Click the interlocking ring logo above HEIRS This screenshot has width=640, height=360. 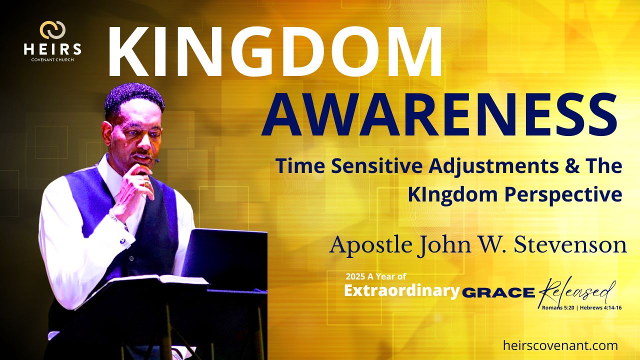[x=52, y=30]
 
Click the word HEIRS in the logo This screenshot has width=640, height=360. [x=52, y=49]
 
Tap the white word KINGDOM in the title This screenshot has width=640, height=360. [x=275, y=51]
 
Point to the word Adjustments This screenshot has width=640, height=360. [x=493, y=167]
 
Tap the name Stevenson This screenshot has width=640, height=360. [x=570, y=245]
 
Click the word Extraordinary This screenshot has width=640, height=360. [x=401, y=291]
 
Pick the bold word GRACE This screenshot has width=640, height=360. [x=498, y=293]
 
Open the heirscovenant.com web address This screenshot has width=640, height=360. [x=560, y=345]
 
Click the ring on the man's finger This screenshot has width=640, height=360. [x=147, y=184]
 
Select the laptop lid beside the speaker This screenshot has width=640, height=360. [x=225, y=257]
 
